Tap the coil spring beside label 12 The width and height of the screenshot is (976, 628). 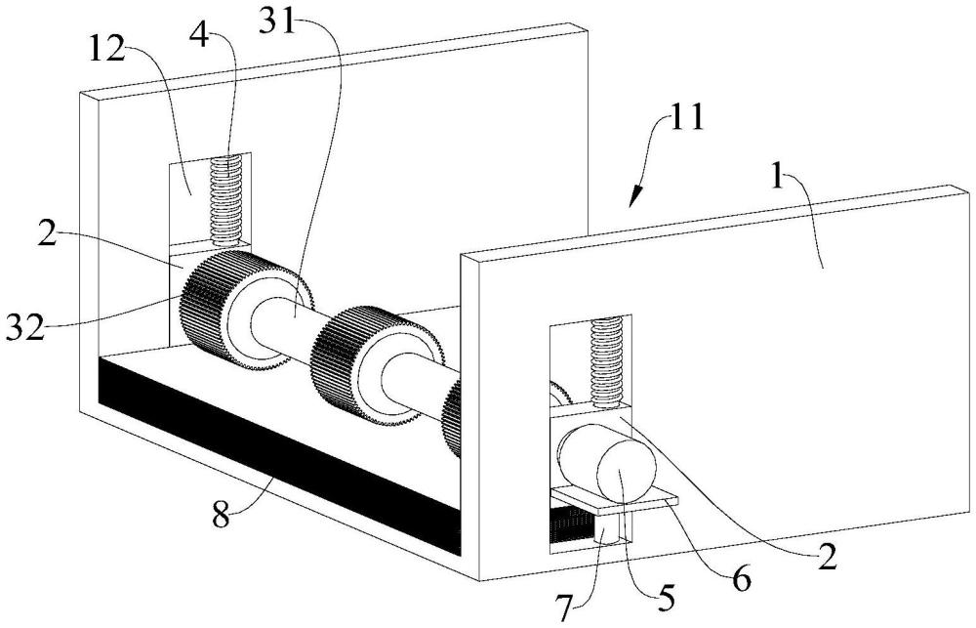point(228,200)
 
